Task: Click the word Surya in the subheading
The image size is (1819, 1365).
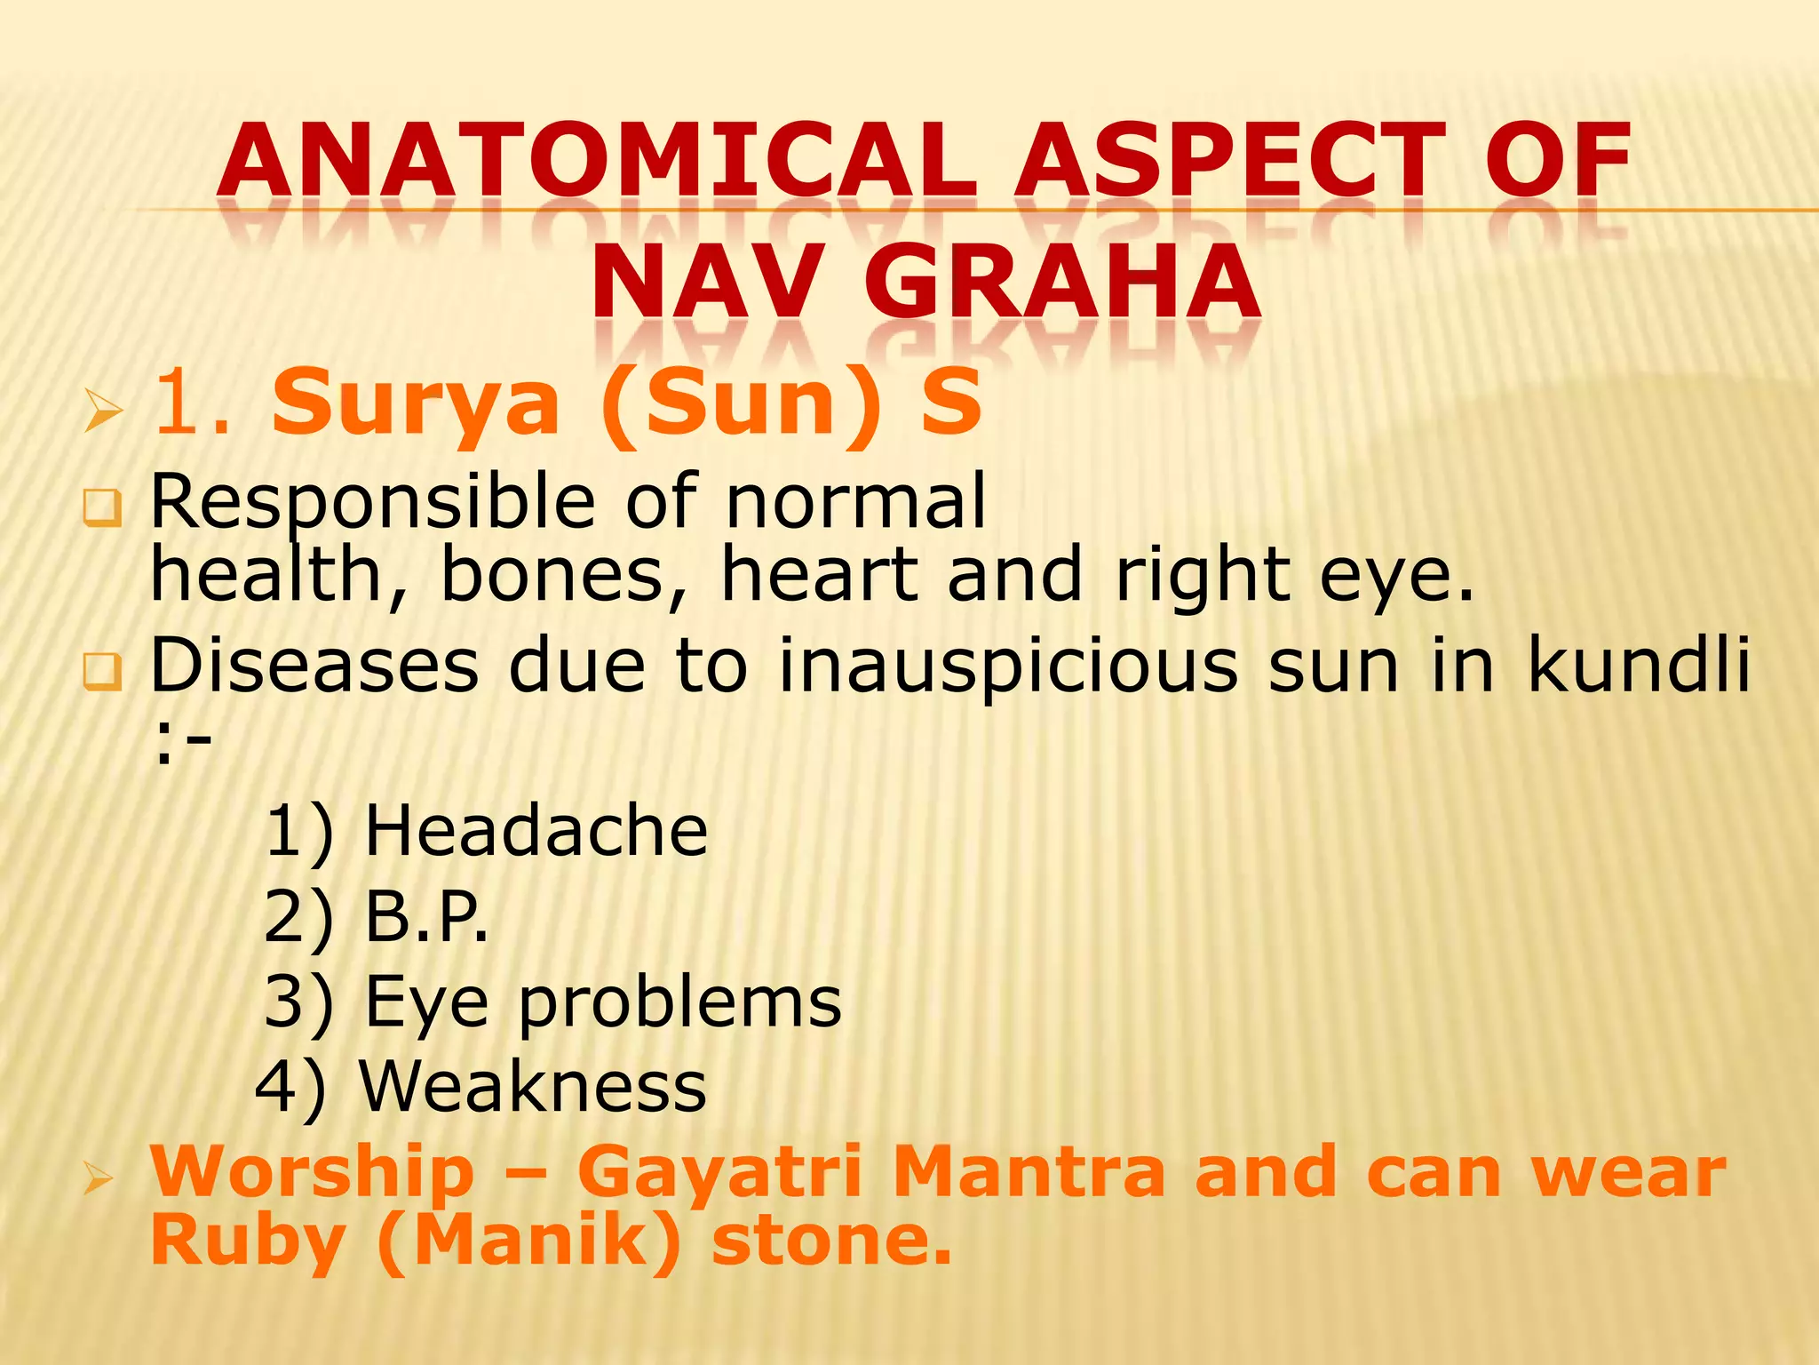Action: point(416,404)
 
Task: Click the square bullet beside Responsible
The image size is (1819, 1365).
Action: point(102,507)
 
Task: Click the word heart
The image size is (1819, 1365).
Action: point(819,575)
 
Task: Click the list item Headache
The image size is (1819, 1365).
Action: point(536,831)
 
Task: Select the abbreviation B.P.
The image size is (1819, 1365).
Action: point(426,916)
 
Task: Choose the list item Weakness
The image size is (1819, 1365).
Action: point(532,1086)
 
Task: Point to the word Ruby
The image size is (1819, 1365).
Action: point(247,1241)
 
